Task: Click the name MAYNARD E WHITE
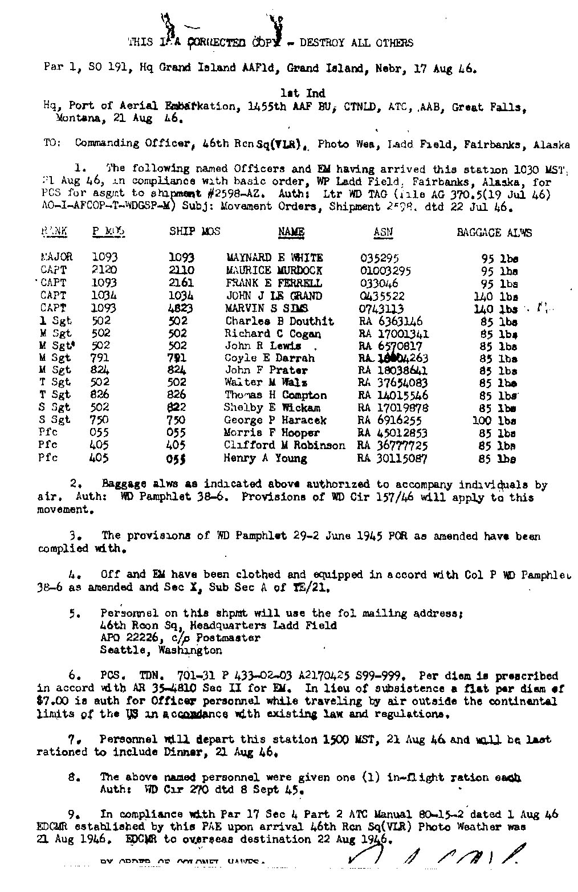[x=274, y=258]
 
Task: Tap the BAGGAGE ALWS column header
[x=494, y=233]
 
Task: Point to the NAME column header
[x=291, y=232]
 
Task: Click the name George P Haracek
[x=275, y=420]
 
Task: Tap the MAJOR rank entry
[x=56, y=257]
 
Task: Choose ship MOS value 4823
[x=182, y=308]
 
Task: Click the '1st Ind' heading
[x=303, y=93]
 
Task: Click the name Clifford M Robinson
[x=284, y=445]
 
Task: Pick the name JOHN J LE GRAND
[x=274, y=296]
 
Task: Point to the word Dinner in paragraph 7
[x=181, y=752]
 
